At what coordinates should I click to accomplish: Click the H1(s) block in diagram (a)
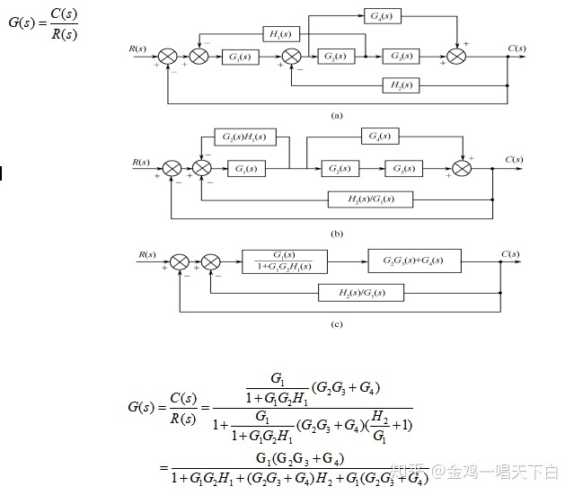[281, 35]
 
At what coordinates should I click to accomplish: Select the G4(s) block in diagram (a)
[384, 16]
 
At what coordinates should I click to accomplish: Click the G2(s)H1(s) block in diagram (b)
[245, 139]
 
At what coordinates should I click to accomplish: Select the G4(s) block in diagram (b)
[383, 137]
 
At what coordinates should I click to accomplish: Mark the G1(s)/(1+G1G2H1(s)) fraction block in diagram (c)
[284, 261]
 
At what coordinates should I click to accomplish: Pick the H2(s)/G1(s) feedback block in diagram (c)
[362, 292]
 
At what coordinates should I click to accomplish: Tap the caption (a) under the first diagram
[337, 116]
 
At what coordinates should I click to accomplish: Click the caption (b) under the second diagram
[337, 234]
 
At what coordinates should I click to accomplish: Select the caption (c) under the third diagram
[335, 325]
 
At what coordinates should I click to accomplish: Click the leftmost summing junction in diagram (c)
[180, 261]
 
